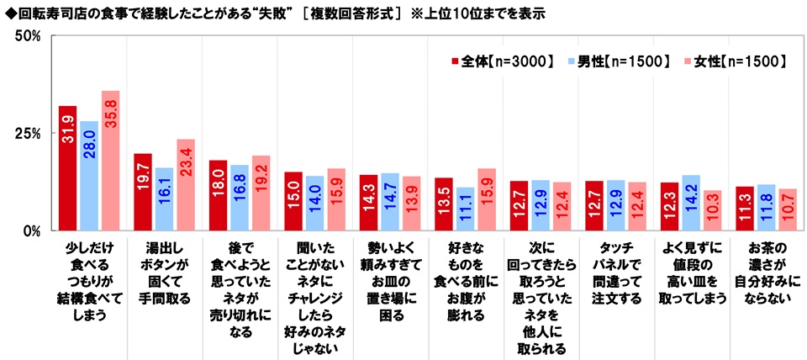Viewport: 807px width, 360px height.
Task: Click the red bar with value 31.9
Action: click(x=67, y=167)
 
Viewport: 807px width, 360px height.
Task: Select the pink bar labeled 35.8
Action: click(x=110, y=160)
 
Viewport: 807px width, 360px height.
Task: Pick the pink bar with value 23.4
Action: click(x=186, y=184)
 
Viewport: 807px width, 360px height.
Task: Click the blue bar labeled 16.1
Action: click(x=164, y=199)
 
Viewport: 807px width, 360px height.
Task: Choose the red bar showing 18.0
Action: click(x=218, y=195)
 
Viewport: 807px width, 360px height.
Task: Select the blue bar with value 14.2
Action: click(x=690, y=202)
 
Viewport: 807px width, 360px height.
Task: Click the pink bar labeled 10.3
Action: click(x=712, y=209)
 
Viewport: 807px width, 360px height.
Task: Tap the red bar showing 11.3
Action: click(x=745, y=208)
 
